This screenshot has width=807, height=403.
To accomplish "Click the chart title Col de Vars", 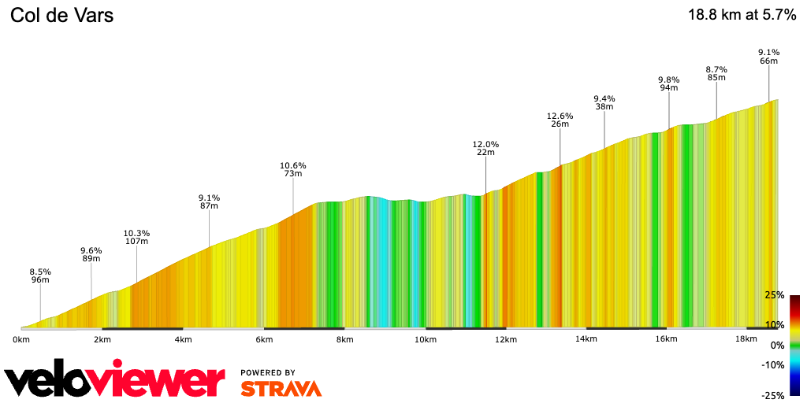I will pos(62,15).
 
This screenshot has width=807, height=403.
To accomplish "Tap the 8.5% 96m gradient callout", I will pos(40,275).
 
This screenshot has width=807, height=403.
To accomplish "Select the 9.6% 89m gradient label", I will pos(91,254).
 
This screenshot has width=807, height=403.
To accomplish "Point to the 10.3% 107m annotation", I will pos(136,237).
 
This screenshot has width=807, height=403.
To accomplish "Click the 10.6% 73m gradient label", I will pos(292,169).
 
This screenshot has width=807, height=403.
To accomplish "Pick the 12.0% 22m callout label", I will pos(485,148).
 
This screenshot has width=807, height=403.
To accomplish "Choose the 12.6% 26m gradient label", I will pos(560,120).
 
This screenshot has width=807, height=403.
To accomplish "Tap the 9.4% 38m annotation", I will pos(604,102).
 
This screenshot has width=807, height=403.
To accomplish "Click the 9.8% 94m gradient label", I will pos(668,83).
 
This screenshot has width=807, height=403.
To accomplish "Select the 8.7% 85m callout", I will pos(716,73).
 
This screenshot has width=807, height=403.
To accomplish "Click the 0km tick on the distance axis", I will pos(21,339).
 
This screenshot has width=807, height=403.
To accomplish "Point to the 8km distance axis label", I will pos(344,339).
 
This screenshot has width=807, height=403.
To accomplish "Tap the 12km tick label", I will pos(506,339).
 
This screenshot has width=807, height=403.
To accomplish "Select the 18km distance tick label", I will pos(747,339).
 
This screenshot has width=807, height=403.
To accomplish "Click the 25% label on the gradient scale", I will pos(774,296).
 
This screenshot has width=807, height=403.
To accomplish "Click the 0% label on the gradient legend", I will pos(777,345).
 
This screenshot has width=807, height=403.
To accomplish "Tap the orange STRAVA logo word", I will pos(281,388).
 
